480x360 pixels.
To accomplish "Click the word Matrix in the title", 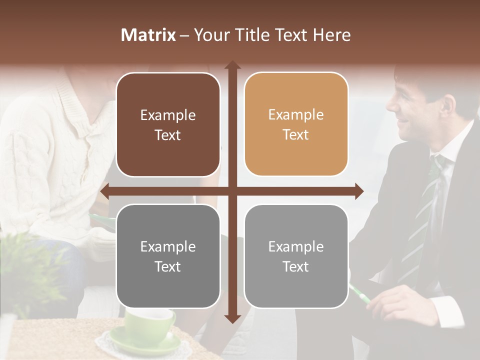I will pos(148,35).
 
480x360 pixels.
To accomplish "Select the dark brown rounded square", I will pos(168,125).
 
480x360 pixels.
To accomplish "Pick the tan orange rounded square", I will pos(296,124).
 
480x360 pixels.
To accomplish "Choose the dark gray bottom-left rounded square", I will pos(168,256).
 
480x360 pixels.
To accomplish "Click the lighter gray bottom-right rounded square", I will pos(296,256).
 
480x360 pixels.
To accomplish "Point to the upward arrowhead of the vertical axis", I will pos(232,65).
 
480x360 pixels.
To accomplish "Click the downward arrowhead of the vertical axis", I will pos(232,318).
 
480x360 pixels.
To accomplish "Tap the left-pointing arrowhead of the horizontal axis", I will pos(105,191).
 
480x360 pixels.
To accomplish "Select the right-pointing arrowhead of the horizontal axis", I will pos(358,191).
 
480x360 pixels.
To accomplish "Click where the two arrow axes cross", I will pos(232,191).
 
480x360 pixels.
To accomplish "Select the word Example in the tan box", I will pos(296,114).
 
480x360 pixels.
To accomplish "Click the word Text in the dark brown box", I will pos(168,135).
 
